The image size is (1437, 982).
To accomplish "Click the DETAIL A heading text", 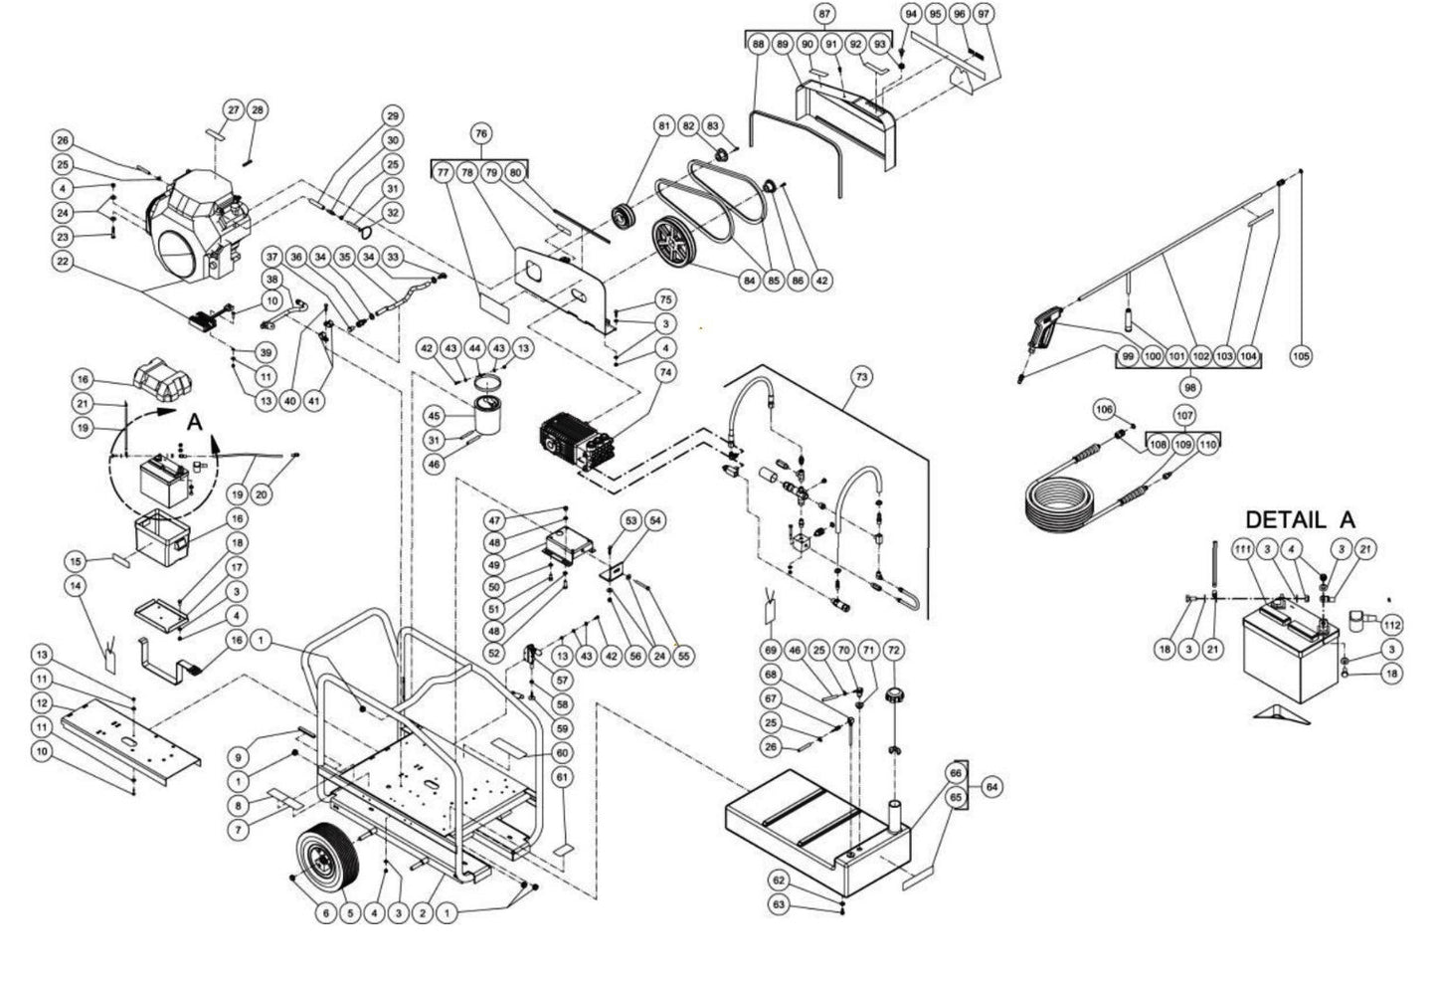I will pos(1300,519).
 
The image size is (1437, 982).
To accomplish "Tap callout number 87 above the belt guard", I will pos(823,14).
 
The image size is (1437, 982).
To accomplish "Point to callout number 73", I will pos(861,376).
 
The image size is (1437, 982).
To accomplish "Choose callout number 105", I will pos(1301,356).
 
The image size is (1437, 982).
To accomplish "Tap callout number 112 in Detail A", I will pos(1391,625).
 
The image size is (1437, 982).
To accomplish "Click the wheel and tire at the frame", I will pos(329,859).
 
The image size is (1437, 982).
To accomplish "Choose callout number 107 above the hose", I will pos(1183,414).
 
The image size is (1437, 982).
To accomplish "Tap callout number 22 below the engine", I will pos(64,261).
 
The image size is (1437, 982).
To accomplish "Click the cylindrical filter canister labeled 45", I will pos(490,415).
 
